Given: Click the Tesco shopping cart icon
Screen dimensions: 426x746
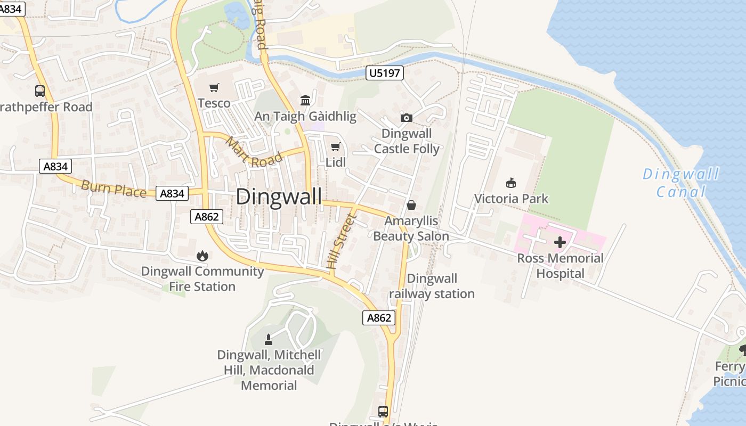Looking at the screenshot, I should tap(214, 88).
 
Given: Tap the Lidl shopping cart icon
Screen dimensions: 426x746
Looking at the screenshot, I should tap(335, 147).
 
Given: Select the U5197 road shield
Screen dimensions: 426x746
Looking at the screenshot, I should tap(384, 73).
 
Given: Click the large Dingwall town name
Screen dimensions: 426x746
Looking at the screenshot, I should tap(279, 196).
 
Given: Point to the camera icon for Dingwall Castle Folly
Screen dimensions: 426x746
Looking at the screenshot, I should tap(406, 118).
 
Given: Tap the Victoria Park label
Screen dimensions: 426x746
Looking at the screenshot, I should tap(511, 199).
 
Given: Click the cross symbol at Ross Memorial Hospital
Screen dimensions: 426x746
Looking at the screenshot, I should tap(560, 243).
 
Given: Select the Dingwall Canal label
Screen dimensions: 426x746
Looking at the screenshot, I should tap(680, 183).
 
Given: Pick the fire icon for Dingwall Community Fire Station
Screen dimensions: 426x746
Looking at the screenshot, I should tap(202, 256).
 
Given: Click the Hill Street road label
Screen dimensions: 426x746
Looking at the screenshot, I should tap(340, 241).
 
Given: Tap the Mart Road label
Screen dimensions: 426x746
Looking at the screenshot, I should tap(254, 152).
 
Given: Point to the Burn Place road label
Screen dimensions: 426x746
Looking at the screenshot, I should tap(113, 189).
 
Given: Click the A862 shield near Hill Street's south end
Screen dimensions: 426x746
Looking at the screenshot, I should tap(379, 318).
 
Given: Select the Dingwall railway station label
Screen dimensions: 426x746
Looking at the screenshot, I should tap(432, 286).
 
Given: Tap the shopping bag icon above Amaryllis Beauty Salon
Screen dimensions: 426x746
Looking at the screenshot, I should tap(411, 205).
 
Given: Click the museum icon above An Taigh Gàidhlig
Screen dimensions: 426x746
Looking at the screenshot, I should tap(305, 100).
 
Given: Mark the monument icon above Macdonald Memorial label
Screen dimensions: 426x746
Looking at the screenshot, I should tap(269, 339).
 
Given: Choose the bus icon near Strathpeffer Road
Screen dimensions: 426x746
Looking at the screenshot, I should tap(40, 91).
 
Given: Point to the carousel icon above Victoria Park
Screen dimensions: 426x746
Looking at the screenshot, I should tap(511, 183).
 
